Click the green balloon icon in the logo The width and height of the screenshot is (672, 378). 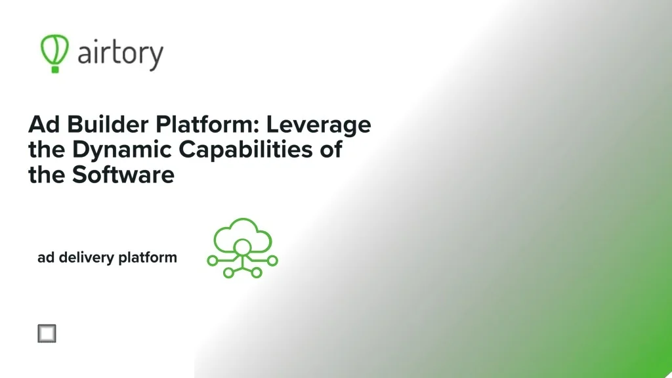click(54, 48)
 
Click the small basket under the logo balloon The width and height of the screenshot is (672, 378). click(56, 68)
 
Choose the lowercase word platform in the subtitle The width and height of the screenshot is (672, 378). click(148, 258)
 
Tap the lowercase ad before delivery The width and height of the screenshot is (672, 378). click(46, 257)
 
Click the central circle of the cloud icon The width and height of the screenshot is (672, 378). click(242, 247)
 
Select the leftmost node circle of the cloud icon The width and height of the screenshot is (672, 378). click(212, 261)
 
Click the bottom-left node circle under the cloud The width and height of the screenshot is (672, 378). click(228, 272)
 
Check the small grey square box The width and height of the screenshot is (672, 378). click(47, 333)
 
